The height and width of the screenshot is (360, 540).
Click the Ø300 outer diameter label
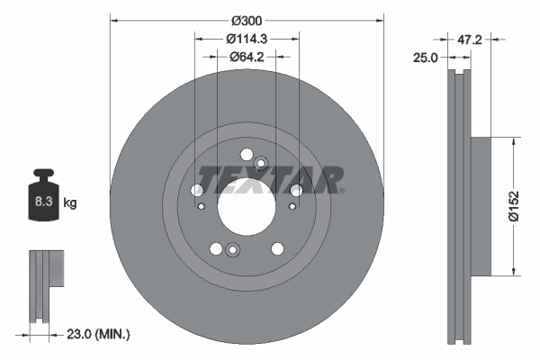(x=247, y=20)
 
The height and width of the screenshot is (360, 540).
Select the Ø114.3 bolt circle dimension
(x=247, y=39)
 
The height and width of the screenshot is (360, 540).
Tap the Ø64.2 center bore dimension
(x=247, y=57)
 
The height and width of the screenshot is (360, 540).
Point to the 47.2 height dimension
(x=472, y=40)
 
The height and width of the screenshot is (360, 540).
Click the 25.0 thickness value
(x=426, y=57)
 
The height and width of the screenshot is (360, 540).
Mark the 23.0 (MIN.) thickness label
(x=98, y=334)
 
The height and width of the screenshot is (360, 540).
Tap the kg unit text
(x=70, y=203)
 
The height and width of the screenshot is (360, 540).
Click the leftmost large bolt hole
(x=197, y=190)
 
